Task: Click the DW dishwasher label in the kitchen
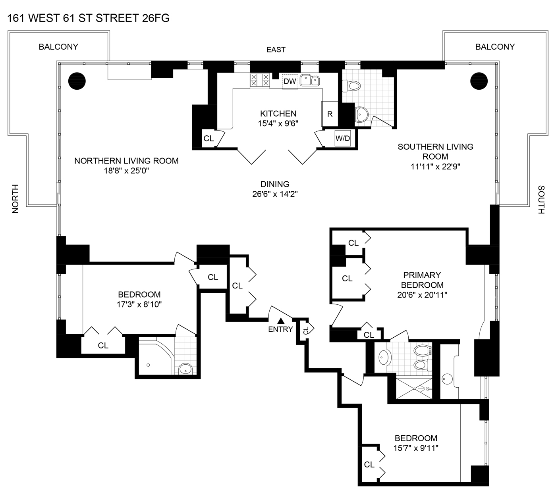(290, 81)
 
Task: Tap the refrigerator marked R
(330, 114)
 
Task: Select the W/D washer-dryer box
(343, 138)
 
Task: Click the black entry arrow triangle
(281, 321)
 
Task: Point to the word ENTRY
(280, 329)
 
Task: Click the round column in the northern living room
(77, 81)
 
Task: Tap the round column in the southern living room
(479, 81)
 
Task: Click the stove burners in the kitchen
(260, 81)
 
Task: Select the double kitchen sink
(310, 80)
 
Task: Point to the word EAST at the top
(276, 50)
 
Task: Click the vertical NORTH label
(15, 199)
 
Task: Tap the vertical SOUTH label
(541, 200)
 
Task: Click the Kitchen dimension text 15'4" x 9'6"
(278, 123)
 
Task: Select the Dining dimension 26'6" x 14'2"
(275, 194)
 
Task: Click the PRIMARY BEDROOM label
(422, 280)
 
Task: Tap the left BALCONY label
(58, 47)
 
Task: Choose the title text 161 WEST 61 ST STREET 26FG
(88, 18)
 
